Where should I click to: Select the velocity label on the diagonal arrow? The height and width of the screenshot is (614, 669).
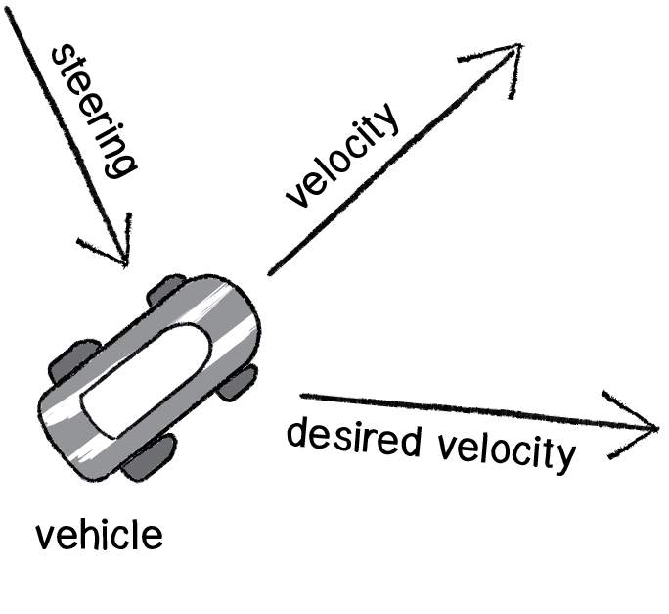[341, 157]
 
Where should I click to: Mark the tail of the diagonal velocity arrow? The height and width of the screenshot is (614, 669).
[269, 271]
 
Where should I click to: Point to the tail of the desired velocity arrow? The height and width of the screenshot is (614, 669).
[302, 396]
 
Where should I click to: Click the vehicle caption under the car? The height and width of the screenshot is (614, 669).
[98, 536]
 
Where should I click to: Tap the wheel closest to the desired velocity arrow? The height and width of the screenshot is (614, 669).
[238, 381]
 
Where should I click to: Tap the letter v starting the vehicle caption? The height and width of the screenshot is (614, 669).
[43, 538]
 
